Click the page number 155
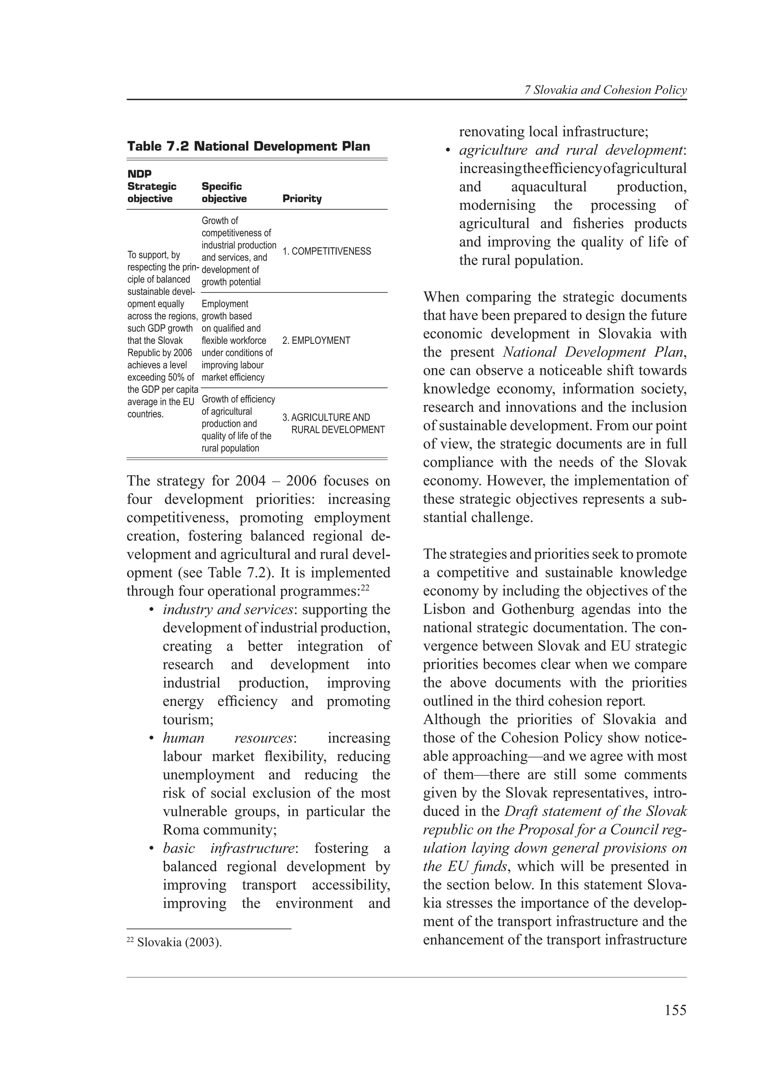(x=675, y=1010)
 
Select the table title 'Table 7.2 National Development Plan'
(x=248, y=146)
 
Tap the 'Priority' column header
(x=302, y=198)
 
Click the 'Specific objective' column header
(x=224, y=192)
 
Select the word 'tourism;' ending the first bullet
(x=188, y=719)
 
